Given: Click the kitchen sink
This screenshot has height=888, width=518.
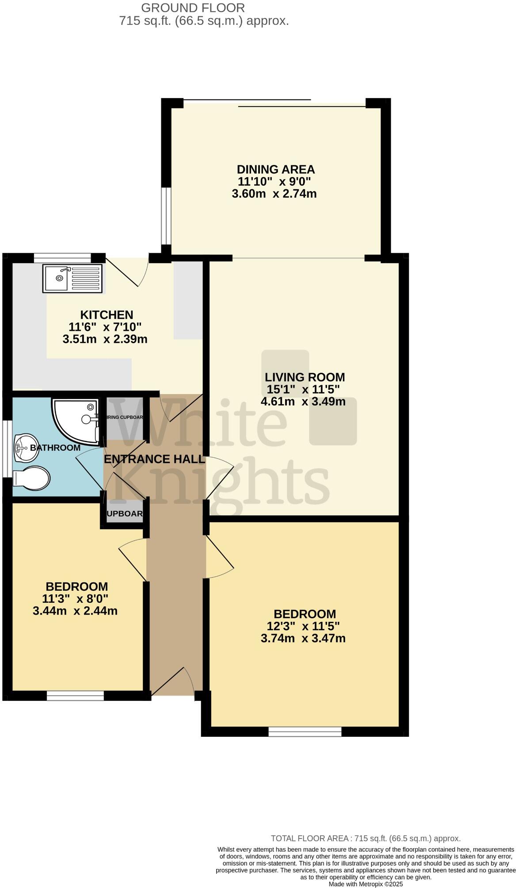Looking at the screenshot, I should point(72,279).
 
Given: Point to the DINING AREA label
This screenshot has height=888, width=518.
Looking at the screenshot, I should point(276,169).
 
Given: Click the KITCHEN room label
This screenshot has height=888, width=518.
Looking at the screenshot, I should point(107,315).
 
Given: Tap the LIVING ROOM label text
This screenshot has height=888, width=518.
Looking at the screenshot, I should point(305,377).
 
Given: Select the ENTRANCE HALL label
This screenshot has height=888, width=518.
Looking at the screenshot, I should point(154,459).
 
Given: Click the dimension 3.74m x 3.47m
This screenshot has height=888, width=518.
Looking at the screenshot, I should point(303,638).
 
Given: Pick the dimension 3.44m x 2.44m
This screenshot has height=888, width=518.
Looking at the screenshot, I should point(75,611).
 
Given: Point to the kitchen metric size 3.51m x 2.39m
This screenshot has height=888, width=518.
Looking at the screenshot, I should point(105,339).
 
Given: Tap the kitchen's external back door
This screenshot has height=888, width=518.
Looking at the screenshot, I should point(128,272).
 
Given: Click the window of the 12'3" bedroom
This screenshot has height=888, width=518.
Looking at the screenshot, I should point(305,732).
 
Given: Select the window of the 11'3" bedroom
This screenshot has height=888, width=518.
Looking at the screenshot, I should point(75,696).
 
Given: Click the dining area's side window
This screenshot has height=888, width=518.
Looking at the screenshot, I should point(166,216).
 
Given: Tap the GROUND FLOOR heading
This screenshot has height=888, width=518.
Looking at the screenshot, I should point(193,8).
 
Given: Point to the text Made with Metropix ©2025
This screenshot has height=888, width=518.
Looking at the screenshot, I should point(366,884).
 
